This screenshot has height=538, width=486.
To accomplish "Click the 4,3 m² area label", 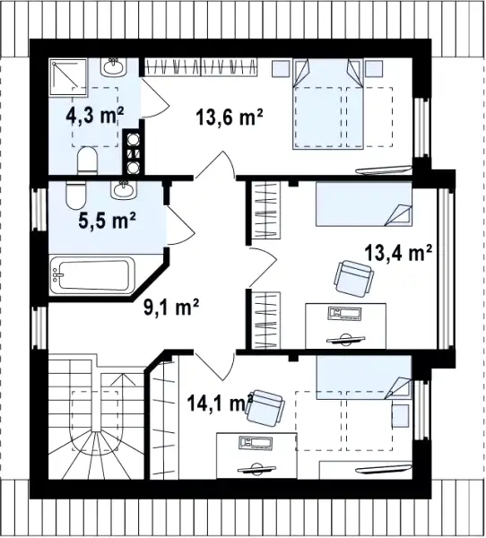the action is (95, 117).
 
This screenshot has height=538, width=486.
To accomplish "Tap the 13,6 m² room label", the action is (230, 117).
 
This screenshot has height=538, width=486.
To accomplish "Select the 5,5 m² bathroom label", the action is (107, 220).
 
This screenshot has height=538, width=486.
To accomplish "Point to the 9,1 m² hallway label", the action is (171, 307).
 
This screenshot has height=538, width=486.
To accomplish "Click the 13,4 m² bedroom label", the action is (398, 253).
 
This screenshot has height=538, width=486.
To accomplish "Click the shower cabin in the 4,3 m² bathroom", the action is (69, 76).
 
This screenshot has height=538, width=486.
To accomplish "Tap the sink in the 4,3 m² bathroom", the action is (113, 66).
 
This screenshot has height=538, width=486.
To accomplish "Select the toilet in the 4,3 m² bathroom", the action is (88, 161).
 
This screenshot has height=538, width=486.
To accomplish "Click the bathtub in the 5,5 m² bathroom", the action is (92, 275).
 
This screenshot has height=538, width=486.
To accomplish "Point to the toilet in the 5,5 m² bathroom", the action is (76, 195).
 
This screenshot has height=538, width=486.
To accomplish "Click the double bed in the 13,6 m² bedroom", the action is (328, 104).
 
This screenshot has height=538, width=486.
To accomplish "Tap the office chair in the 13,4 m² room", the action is (353, 279).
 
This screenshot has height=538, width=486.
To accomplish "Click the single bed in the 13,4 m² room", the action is (364, 204).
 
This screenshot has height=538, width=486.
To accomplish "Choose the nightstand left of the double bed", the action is (281, 69).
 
